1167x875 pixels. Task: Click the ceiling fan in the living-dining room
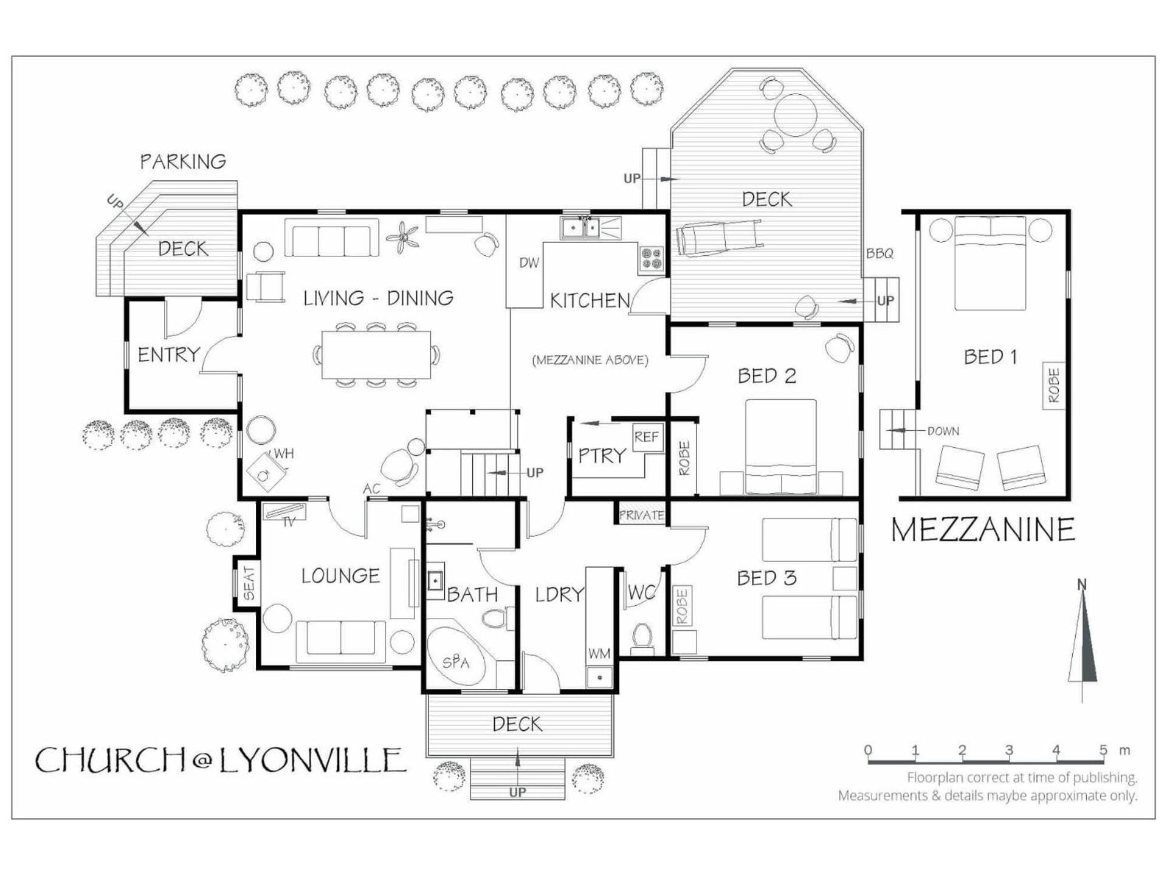coord(402,238)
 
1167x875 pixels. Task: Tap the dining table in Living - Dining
coord(376,355)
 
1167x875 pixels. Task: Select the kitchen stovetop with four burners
coord(652,258)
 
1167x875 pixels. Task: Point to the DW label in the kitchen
coord(529,263)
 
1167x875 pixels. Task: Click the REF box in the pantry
coord(646,437)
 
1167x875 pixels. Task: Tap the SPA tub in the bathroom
coord(456,659)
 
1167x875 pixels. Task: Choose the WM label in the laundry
coord(599,654)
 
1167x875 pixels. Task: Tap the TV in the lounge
coord(285,512)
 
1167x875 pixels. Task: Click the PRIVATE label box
coord(641,515)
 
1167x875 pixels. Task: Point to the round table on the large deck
coord(796,115)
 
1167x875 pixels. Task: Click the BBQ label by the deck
coord(880,253)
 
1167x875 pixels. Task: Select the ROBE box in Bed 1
coord(1054,386)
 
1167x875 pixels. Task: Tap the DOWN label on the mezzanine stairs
coord(943,431)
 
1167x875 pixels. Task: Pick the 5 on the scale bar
coord(1103,750)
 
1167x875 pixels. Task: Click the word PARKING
coord(183,162)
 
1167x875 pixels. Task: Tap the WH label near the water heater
coord(284,453)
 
